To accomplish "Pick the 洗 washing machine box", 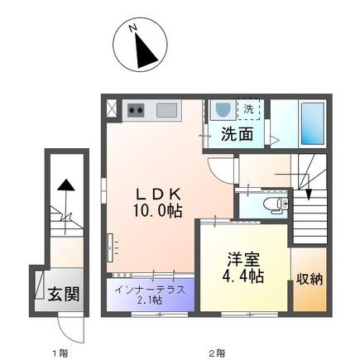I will (x=248, y=108).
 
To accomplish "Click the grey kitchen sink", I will (x=167, y=110).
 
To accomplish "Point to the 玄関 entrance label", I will (x=63, y=293).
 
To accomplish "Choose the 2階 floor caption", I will (x=216, y=353).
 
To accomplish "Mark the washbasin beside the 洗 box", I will (x=222, y=108).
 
